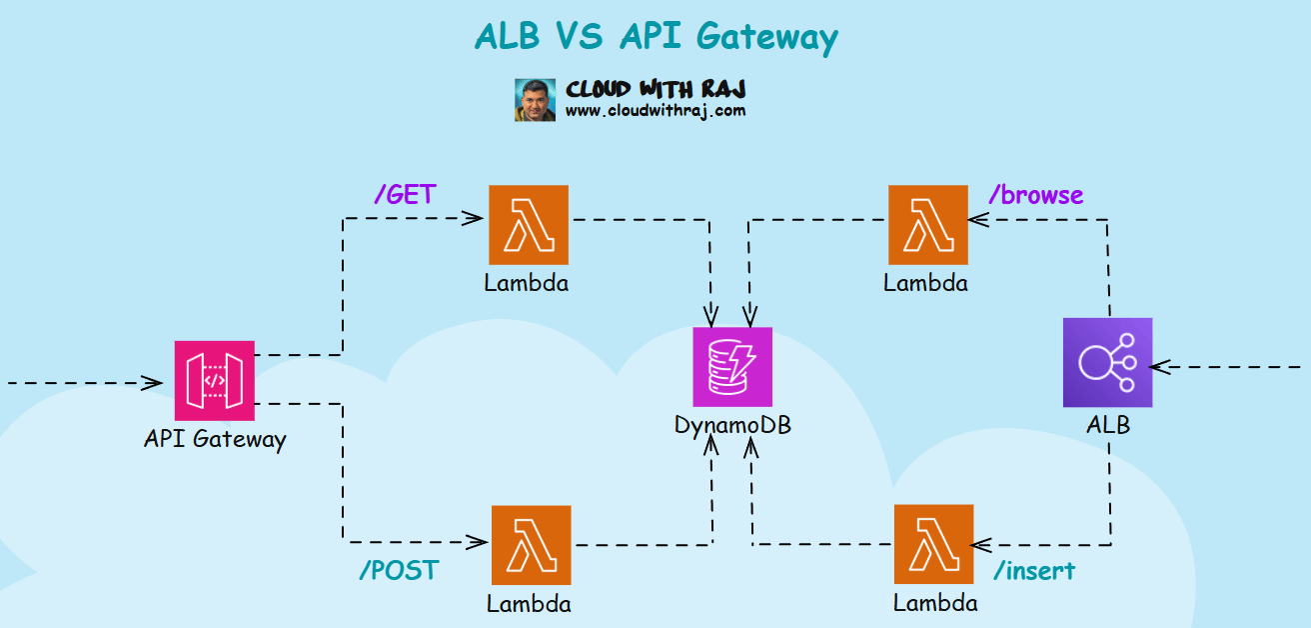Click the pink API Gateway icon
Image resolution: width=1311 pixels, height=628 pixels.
click(x=215, y=380)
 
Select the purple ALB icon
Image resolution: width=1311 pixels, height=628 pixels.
click(x=1107, y=363)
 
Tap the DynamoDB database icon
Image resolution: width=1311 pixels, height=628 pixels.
click(x=732, y=367)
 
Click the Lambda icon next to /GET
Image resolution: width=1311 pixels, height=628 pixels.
click(x=529, y=225)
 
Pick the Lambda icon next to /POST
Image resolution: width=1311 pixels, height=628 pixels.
click(x=532, y=545)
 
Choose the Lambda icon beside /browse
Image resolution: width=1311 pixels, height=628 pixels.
click(x=928, y=225)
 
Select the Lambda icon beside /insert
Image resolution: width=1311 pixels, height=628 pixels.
click(x=934, y=545)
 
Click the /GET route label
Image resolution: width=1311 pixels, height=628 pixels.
click(x=405, y=194)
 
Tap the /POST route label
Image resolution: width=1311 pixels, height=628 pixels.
click(x=398, y=570)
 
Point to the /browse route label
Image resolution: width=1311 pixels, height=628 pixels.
click(x=1035, y=194)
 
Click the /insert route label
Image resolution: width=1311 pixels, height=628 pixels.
click(x=1034, y=571)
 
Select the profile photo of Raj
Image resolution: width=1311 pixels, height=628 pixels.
click(x=535, y=100)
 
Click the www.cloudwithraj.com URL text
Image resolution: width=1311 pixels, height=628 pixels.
click(x=655, y=111)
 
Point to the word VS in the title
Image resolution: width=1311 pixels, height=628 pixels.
click(x=576, y=37)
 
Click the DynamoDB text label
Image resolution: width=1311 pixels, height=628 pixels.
click(x=732, y=424)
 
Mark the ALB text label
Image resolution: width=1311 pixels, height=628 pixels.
click(x=1108, y=425)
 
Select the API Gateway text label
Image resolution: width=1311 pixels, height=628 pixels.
click(x=215, y=438)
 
